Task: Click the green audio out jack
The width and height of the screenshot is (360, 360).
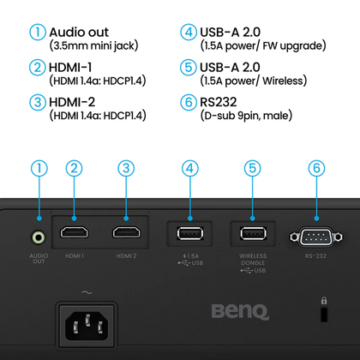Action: (39, 237)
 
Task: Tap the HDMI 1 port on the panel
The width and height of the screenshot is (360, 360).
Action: (75, 232)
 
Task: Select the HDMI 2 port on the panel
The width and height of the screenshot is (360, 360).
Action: (127, 232)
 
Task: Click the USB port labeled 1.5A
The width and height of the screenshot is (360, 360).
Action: (190, 233)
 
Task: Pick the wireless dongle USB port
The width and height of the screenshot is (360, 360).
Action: (253, 233)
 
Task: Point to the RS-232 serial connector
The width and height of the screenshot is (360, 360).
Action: (315, 237)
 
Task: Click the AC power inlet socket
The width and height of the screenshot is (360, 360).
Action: (87, 326)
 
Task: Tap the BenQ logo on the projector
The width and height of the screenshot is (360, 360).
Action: (240, 312)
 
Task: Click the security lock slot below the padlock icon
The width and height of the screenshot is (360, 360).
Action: (324, 315)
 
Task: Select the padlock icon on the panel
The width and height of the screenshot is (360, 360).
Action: (324, 301)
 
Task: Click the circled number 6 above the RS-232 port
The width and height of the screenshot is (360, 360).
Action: (316, 168)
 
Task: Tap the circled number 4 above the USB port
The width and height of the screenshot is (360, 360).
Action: (190, 168)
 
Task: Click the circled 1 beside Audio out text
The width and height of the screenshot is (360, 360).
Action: (38, 32)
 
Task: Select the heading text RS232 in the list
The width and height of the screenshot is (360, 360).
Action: (219, 102)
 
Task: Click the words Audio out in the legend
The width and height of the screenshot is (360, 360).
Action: (79, 33)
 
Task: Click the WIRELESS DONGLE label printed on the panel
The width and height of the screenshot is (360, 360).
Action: (253, 260)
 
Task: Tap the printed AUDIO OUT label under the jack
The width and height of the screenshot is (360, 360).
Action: (39, 259)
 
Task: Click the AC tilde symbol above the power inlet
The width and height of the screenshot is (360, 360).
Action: (87, 292)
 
